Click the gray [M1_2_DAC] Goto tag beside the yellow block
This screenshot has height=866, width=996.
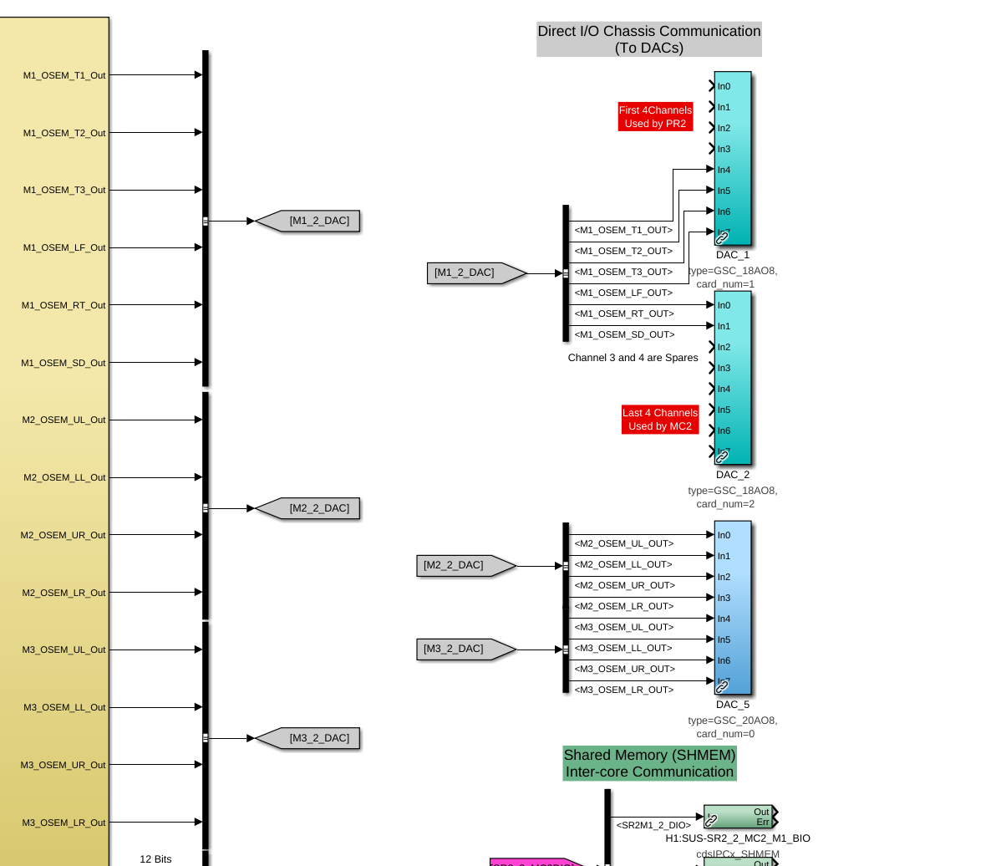(313, 222)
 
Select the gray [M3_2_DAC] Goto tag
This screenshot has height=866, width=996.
(313, 738)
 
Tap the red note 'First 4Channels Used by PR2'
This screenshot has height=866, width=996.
(655, 117)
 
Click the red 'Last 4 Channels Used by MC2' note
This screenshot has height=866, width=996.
(660, 420)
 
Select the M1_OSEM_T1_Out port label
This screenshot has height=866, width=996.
(64, 75)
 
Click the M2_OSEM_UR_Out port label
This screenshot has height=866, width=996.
(64, 535)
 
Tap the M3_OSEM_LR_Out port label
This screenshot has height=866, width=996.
(64, 823)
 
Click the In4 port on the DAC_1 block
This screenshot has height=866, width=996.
(724, 170)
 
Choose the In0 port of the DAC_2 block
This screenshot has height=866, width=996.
(724, 305)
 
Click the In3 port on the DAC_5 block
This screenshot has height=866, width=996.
(724, 598)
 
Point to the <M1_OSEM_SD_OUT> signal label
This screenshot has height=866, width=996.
(623, 334)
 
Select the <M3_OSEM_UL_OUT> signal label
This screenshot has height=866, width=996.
(623, 627)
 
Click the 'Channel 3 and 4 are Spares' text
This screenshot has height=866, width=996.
(633, 358)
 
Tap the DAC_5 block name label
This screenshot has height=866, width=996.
(733, 705)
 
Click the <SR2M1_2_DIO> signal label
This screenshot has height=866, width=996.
(653, 825)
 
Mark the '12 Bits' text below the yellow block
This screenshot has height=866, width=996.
(155, 858)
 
